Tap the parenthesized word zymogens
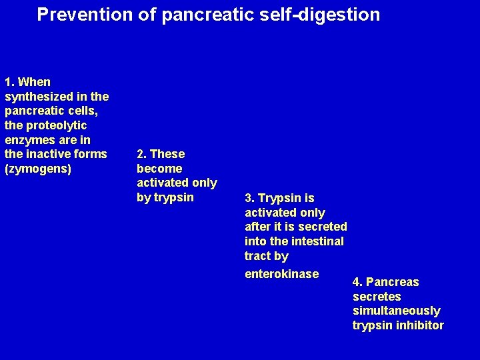tap(38, 169)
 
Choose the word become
tap(159, 169)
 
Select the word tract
tap(257, 256)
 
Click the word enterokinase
tap(281, 274)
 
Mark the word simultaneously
tap(396, 311)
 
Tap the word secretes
tap(377, 296)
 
